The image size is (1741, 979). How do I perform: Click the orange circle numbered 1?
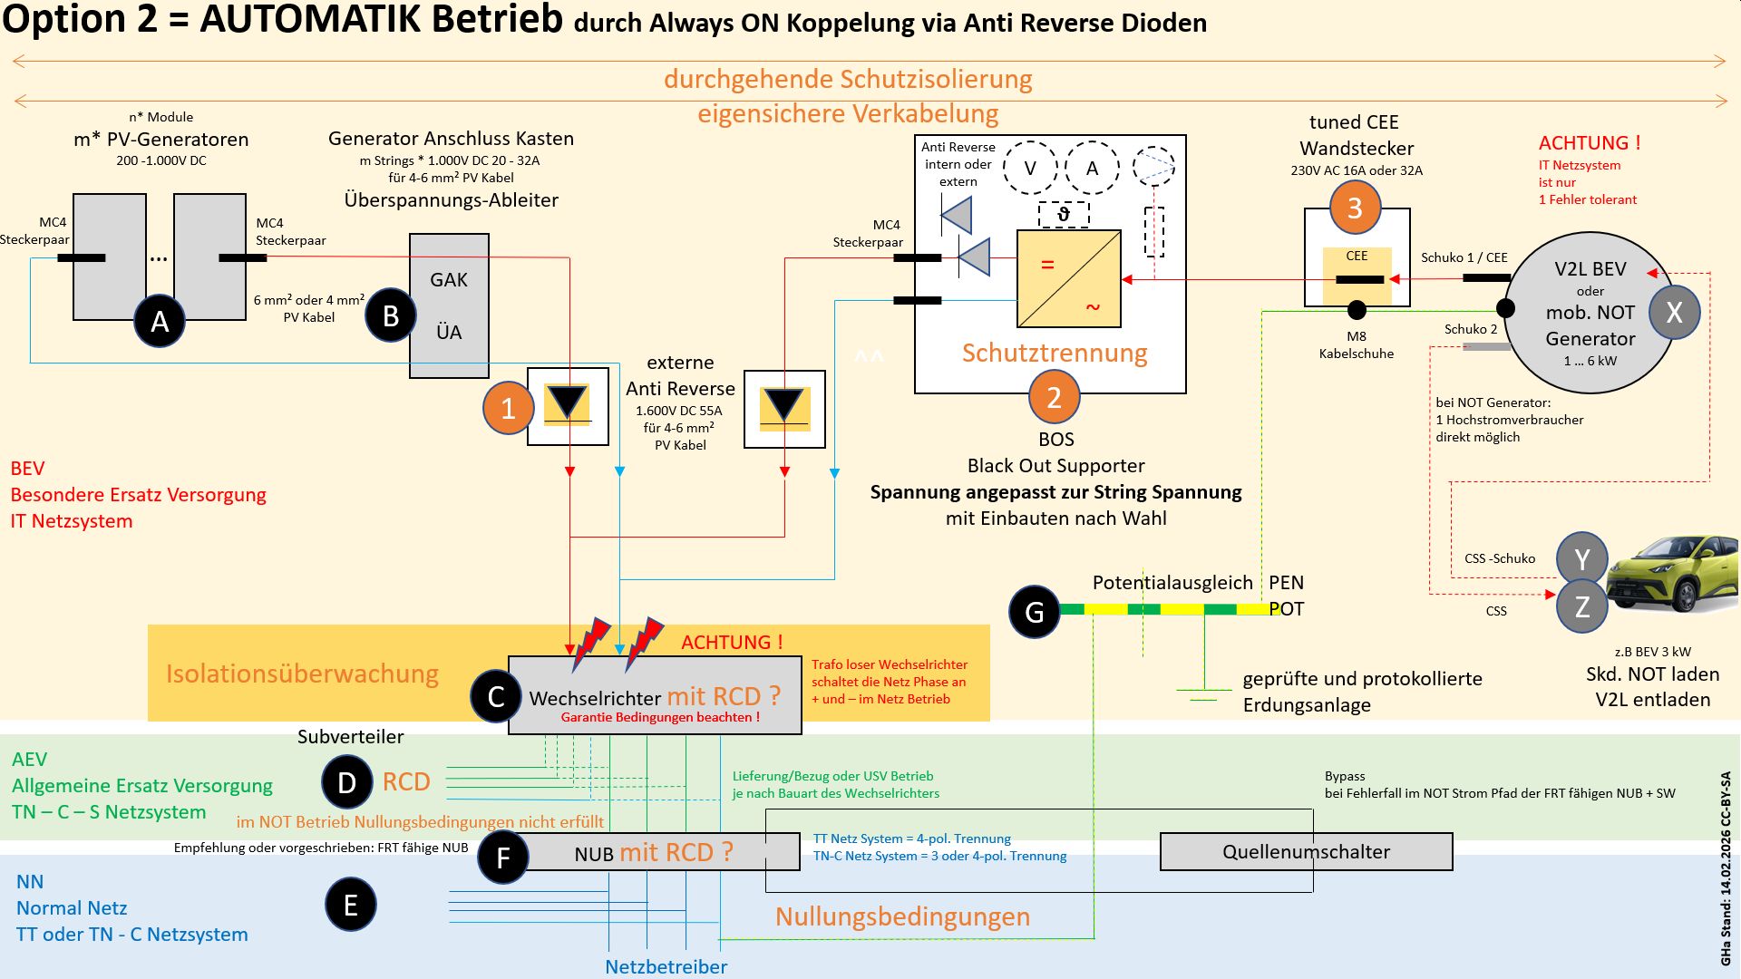(x=508, y=408)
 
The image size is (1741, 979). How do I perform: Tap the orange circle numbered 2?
(x=1054, y=397)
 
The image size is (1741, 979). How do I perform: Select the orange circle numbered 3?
(x=1355, y=208)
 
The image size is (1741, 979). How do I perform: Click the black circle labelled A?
(x=160, y=321)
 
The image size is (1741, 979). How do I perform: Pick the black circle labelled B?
(x=391, y=315)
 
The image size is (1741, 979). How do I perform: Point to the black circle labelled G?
(x=1034, y=612)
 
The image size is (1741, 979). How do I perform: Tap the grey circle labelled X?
(x=1674, y=312)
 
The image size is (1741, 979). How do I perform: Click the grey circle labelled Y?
(x=1581, y=559)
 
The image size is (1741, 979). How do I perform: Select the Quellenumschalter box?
(x=1306, y=852)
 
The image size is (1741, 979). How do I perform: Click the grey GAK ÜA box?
(x=449, y=305)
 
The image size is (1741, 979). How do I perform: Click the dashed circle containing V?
(x=1030, y=168)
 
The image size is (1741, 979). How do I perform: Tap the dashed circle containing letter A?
(x=1092, y=168)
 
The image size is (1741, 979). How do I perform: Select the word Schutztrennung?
(x=1055, y=353)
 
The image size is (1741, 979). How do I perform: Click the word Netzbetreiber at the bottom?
(x=666, y=966)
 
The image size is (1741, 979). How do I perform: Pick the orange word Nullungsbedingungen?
(x=902, y=916)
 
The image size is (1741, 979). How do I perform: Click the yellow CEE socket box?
(x=1357, y=275)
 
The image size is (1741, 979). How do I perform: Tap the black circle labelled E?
(x=351, y=905)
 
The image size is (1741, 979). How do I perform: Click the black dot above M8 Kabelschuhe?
(x=1357, y=311)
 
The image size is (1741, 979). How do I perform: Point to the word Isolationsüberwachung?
(x=302, y=674)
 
